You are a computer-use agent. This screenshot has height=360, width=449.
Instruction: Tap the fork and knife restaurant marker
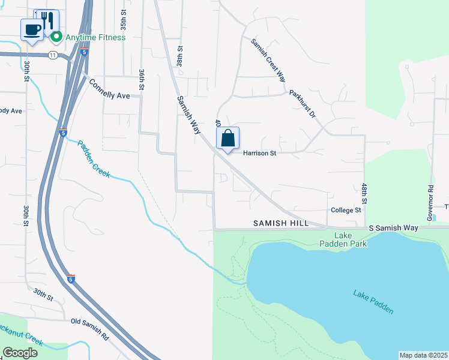coord(48,20)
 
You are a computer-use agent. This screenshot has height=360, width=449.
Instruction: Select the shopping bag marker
coord(228,139)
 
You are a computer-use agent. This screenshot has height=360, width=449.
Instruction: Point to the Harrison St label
coord(259,153)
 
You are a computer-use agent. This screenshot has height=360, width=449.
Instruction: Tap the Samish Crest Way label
coord(268,59)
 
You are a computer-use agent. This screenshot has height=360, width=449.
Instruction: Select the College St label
coord(346,210)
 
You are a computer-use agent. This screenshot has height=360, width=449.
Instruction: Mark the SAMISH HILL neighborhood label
coord(281,223)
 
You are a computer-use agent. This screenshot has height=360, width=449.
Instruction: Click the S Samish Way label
coord(393,228)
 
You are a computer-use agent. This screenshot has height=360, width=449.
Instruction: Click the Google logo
coord(20,352)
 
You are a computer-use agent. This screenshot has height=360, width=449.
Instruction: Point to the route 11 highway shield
coord(53,55)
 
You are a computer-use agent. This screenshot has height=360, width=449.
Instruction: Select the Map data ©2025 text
coord(423,355)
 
